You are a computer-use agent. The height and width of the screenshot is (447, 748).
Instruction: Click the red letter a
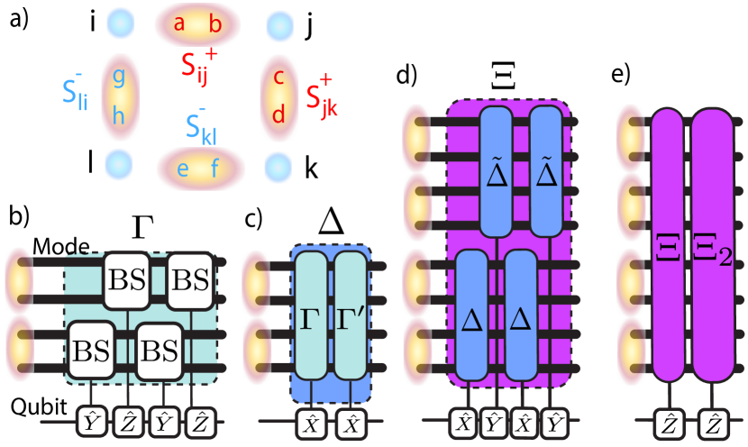178,24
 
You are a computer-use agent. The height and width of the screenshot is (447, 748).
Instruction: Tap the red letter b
215,24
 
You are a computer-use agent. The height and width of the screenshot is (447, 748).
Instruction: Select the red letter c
278,78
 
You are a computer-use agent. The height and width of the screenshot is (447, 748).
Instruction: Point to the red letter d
278,114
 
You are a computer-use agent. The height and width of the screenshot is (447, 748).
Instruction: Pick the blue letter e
183,169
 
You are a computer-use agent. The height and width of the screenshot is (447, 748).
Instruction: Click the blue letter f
215,169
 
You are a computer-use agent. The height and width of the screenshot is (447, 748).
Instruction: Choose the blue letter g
118,78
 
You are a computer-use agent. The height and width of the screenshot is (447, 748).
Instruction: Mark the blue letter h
118,114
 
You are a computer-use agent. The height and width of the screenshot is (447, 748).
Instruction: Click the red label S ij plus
197,66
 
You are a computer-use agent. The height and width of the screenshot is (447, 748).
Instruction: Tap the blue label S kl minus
200,127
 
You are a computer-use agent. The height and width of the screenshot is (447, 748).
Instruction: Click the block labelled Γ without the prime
311,315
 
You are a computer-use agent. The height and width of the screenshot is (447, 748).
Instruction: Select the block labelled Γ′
351,315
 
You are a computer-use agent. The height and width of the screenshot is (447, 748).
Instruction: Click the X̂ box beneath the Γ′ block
349,422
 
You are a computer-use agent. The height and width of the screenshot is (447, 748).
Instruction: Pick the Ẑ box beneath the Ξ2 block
711,422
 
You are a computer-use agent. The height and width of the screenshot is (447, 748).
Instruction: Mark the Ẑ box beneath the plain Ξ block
667,422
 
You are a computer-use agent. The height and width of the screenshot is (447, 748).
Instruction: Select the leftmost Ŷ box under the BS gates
91,421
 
